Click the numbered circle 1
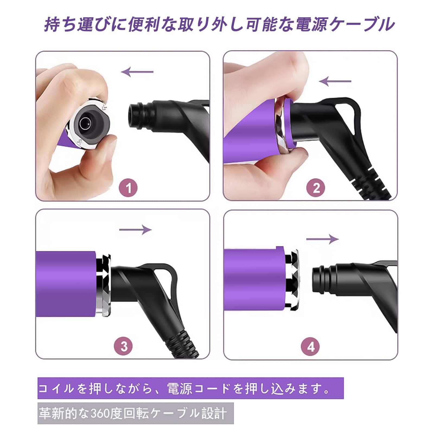tap(128, 188)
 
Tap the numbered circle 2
tap(316, 188)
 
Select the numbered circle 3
tap(124, 346)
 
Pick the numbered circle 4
tap(311, 347)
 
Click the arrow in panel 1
tap(137, 72)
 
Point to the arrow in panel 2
tap(335, 81)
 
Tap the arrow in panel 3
tap(135, 230)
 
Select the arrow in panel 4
tap(323, 239)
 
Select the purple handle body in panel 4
tap(254, 279)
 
